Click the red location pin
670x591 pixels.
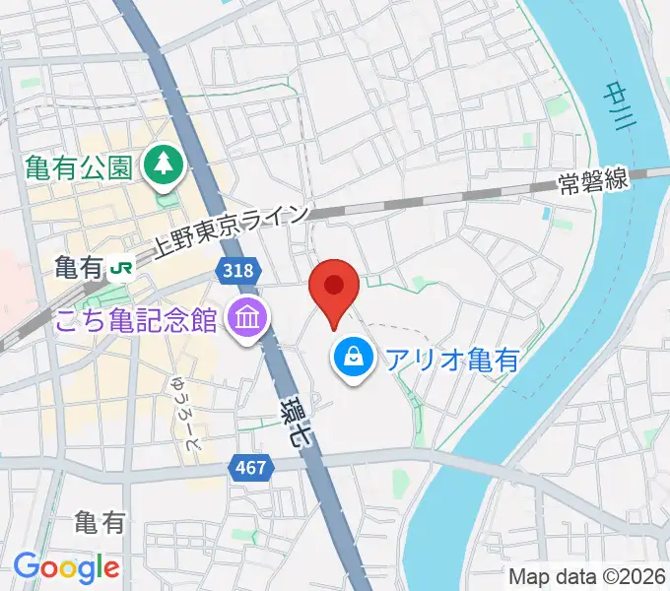click(x=333, y=288)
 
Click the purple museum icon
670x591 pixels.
click(x=242, y=318)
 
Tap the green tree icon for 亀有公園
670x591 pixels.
click(x=162, y=165)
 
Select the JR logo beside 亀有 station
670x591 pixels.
click(x=122, y=266)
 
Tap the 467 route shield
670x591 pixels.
click(x=250, y=467)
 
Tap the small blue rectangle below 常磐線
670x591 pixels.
click(x=546, y=213)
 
